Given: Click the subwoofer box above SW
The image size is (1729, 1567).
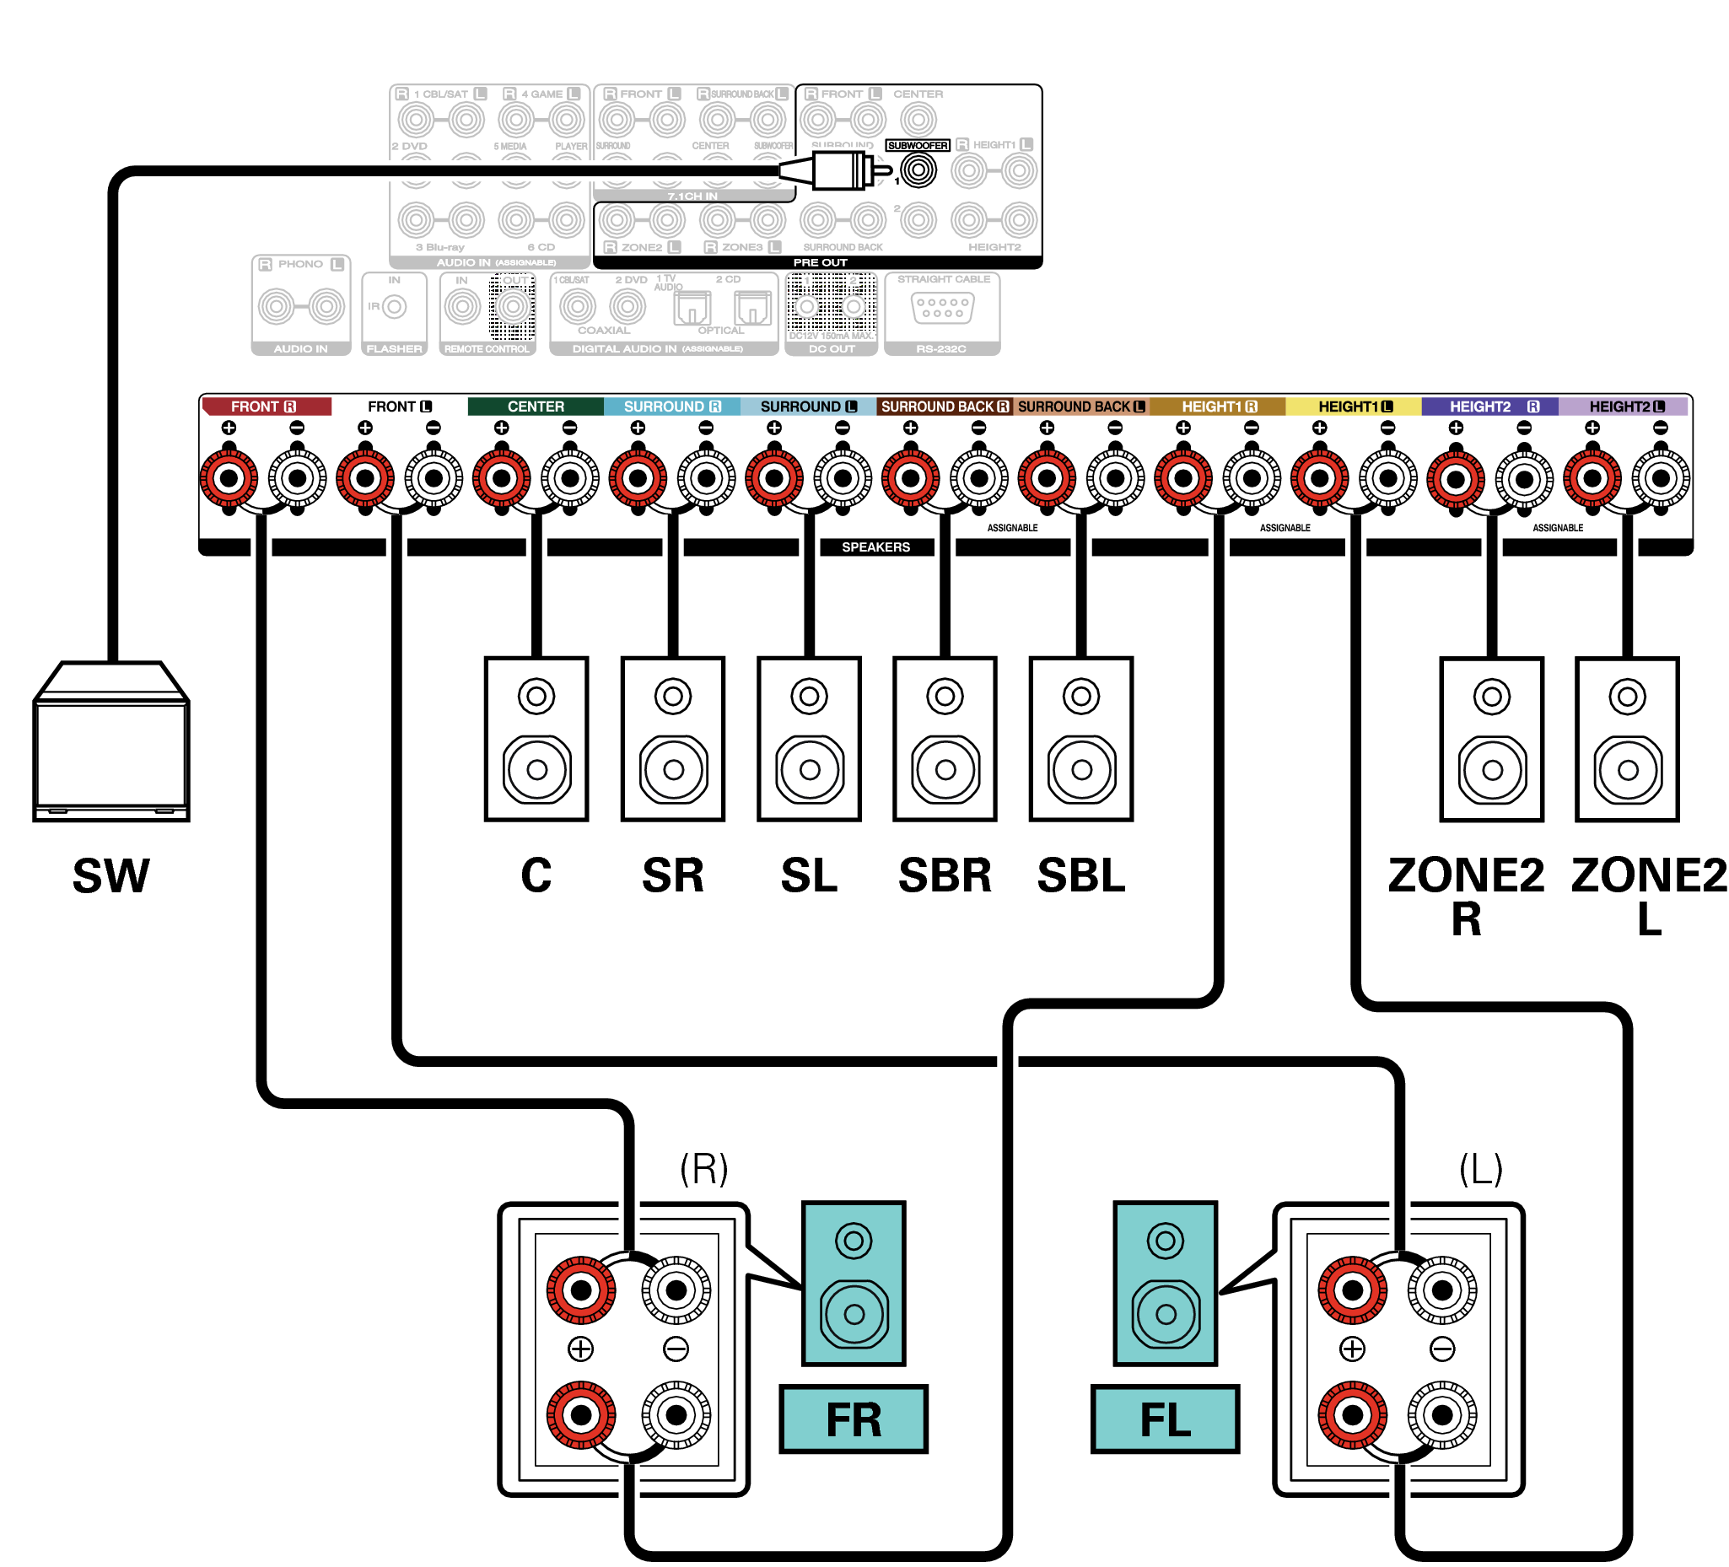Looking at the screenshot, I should pyautogui.click(x=110, y=743).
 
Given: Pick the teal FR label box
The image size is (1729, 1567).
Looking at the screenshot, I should pyautogui.click(x=854, y=1419).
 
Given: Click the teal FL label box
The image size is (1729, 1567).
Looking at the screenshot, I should pyautogui.click(x=1165, y=1419).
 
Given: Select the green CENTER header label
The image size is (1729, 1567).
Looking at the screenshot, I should pyautogui.click(x=536, y=407).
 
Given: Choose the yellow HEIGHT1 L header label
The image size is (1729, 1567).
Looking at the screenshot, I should pyautogui.click(x=1354, y=407).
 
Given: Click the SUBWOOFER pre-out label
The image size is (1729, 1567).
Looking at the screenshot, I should pyautogui.click(x=917, y=145).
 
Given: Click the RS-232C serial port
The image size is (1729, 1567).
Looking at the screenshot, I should pyautogui.click(x=942, y=308).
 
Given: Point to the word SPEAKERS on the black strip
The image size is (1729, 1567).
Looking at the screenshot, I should pyautogui.click(x=875, y=547).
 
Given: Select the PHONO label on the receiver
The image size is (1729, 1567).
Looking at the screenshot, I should pyautogui.click(x=300, y=264).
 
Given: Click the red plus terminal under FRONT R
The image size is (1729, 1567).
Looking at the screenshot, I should pyautogui.click(x=229, y=477).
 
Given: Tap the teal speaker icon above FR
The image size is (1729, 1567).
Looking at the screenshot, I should pyautogui.click(x=854, y=1283).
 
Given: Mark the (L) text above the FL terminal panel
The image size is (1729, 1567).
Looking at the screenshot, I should pyautogui.click(x=1480, y=1168).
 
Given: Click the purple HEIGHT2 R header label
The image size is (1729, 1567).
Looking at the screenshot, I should pyautogui.click(x=1489, y=407).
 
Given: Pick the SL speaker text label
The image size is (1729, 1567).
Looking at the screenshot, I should pyautogui.click(x=808, y=875).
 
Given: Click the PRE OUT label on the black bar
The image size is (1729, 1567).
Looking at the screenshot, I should pyautogui.click(x=820, y=262).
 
